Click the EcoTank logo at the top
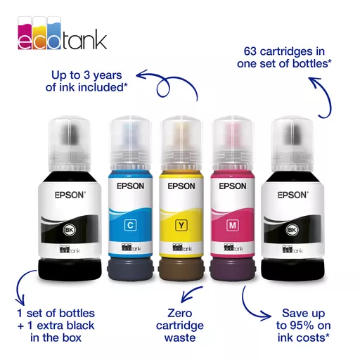point(62,33)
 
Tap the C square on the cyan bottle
point(130,226)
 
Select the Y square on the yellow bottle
point(181,226)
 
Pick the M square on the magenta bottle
point(233,226)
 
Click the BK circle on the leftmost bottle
point(69,230)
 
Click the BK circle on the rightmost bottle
point(292,230)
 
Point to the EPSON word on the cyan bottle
point(130,186)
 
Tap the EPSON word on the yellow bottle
point(181,186)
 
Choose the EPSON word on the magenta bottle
point(233,186)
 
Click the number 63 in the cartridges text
point(250,51)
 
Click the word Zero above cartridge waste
point(180,313)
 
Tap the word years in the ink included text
point(108,76)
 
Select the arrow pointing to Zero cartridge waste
point(190,294)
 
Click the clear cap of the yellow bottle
point(181,143)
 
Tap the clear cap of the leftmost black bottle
point(70,145)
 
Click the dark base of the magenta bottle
point(233,269)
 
